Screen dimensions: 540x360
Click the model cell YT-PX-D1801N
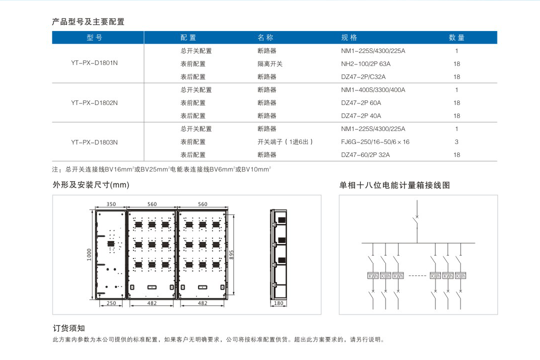tap(94, 63)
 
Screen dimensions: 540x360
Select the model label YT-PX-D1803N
tap(94, 142)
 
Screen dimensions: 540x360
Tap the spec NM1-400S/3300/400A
tap(373, 90)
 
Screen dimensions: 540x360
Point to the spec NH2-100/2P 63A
tap(365, 63)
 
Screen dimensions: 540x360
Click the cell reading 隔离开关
tap(270, 63)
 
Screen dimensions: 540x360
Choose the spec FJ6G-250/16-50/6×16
tap(375, 142)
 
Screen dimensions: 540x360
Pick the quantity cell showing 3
tap(456, 142)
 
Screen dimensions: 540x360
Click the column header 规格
tap(349, 37)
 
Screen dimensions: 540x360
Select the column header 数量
tap(456, 37)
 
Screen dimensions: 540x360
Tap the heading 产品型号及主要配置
tap(88, 21)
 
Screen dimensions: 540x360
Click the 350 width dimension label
tap(111, 204)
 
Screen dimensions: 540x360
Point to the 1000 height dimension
tap(89, 254)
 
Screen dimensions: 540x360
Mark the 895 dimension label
tap(231, 255)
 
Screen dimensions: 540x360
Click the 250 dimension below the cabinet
tap(111, 303)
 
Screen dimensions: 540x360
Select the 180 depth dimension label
tap(278, 303)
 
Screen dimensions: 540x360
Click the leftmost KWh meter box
tap(373, 276)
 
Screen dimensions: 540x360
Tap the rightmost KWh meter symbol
tap(460, 276)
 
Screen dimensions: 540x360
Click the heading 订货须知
tap(69, 328)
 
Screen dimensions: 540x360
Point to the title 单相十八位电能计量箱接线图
tap(394, 185)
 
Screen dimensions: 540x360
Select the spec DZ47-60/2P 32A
tap(365, 155)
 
